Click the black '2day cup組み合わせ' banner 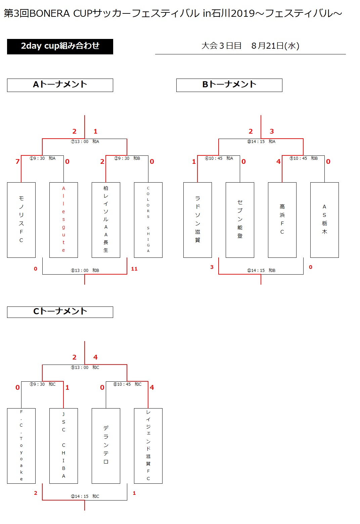pos(60,47)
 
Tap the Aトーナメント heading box pos(60,85)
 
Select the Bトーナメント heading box pos(229,85)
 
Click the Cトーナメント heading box pos(60,312)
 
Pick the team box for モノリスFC pos(21,220)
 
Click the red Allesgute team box pos(63,220)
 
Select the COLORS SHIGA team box pos(148,220)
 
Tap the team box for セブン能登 pos(240,220)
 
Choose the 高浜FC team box pos(282,220)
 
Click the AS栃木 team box pos(324,220)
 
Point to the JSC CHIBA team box pos(63,446)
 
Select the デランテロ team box pos(106,446)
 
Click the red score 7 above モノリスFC pos(17,161)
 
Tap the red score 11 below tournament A pos(134,269)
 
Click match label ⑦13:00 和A pos(85,142)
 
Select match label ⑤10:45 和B pos(304,158)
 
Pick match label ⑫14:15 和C pos(85,496)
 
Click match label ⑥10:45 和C pos(127,384)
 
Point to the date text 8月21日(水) pos(275,46)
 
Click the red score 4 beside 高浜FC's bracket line pos(278,161)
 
